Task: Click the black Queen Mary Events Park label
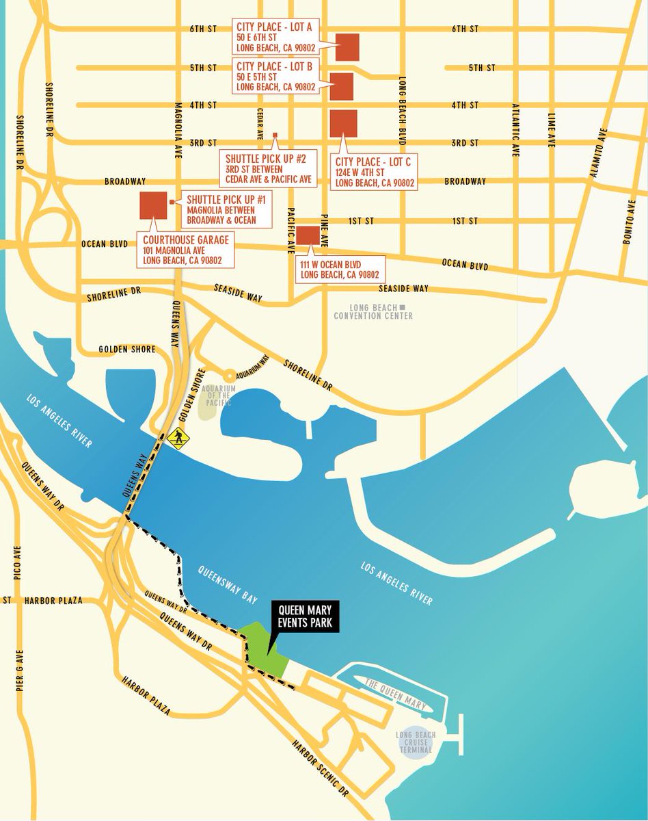[x=304, y=615]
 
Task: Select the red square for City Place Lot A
[x=348, y=46]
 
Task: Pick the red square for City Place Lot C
[x=343, y=122]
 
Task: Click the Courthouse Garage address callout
[x=186, y=250]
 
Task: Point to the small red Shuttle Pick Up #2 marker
[x=275, y=134]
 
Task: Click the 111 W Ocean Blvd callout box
[x=340, y=270]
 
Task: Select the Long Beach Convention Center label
[x=373, y=312]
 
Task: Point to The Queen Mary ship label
[x=395, y=694]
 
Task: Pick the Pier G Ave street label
[x=19, y=671]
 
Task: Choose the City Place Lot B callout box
[x=276, y=76]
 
